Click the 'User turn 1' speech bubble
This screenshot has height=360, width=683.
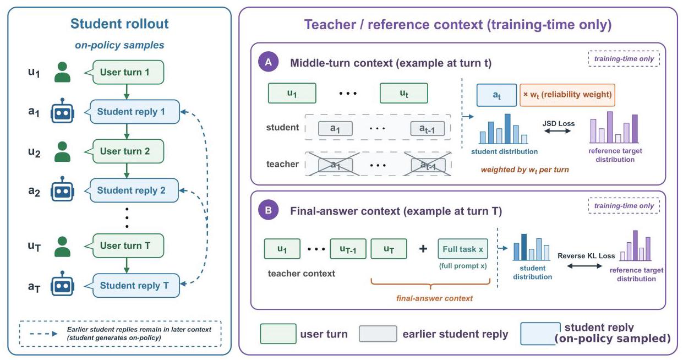coord(124,72)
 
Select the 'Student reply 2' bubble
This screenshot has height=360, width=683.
coord(132,190)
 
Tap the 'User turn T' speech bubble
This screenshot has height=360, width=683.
coord(124,246)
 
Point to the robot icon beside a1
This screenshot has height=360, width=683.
coord(62,111)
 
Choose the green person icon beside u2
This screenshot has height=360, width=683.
coord(62,151)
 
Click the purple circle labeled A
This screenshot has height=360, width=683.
coord(269,62)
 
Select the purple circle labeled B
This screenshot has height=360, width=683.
coord(269,210)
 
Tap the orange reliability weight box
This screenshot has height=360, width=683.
coord(567,95)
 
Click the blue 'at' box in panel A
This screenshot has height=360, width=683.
coord(496,95)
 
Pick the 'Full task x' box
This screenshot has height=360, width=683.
coord(462,249)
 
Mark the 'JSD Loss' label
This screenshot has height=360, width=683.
coord(558,123)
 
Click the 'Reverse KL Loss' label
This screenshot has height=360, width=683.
coord(586,255)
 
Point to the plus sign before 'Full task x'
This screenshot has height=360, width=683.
coord(423,249)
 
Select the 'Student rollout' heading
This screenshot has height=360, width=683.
coord(119,24)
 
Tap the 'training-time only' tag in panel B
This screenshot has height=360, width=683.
coord(624,206)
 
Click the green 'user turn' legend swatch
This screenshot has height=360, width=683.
coord(278,334)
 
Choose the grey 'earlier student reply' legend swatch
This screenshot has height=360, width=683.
coord(378,334)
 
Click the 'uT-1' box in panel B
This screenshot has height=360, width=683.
coord(348,249)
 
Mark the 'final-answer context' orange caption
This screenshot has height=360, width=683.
coord(434,298)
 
